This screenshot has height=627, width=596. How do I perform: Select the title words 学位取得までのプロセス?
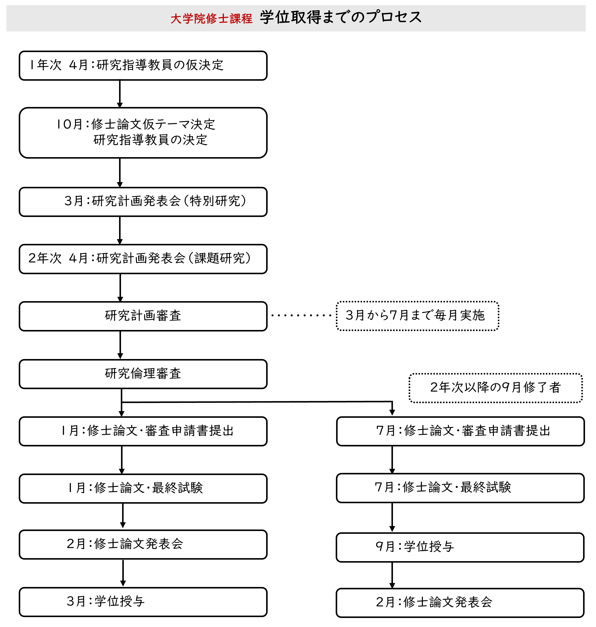[341, 17]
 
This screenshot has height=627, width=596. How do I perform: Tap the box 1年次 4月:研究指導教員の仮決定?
[143, 65]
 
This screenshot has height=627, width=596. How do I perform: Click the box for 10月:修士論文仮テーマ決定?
[143, 132]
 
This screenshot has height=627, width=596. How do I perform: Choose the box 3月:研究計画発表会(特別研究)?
[143, 202]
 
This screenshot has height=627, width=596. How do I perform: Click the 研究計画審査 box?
[143, 316]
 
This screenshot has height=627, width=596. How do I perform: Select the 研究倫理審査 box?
[143, 374]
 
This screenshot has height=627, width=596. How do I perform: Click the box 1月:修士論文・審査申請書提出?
[143, 431]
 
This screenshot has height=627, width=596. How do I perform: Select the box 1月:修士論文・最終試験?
[143, 488]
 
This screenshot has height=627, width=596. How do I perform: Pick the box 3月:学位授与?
[143, 602]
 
